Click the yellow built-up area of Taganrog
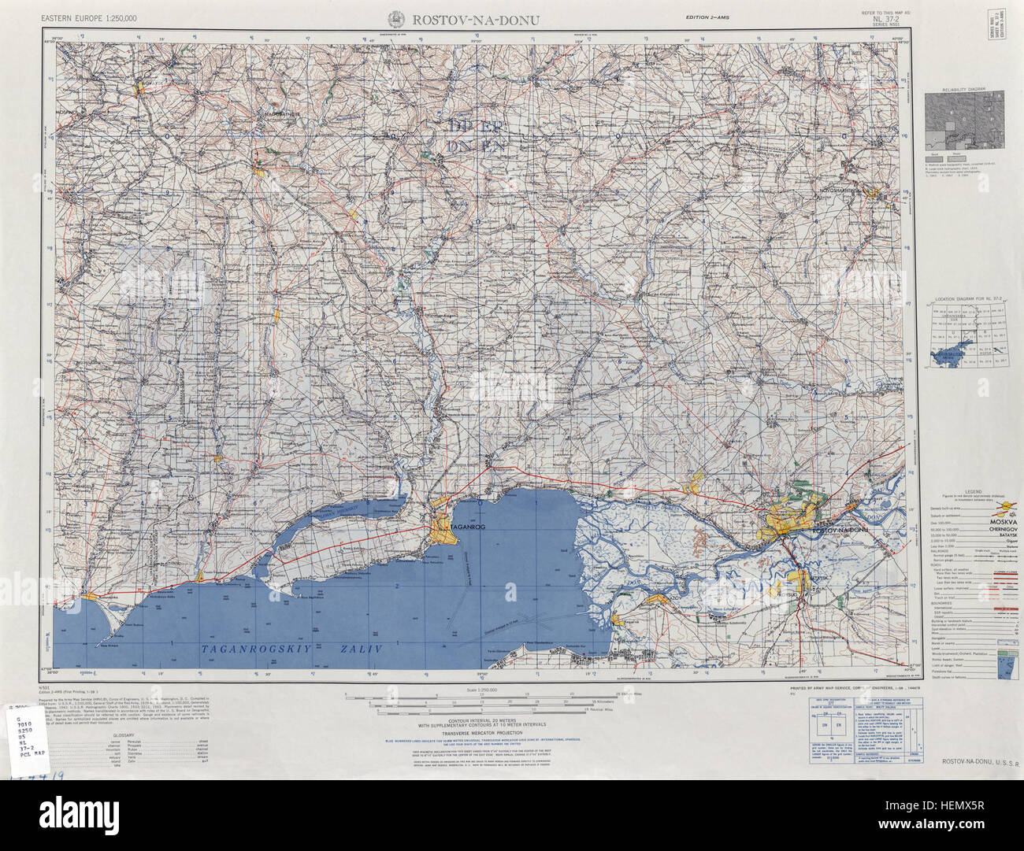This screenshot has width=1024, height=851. tap(444, 533)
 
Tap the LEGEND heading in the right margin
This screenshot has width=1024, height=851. tap(966, 490)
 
